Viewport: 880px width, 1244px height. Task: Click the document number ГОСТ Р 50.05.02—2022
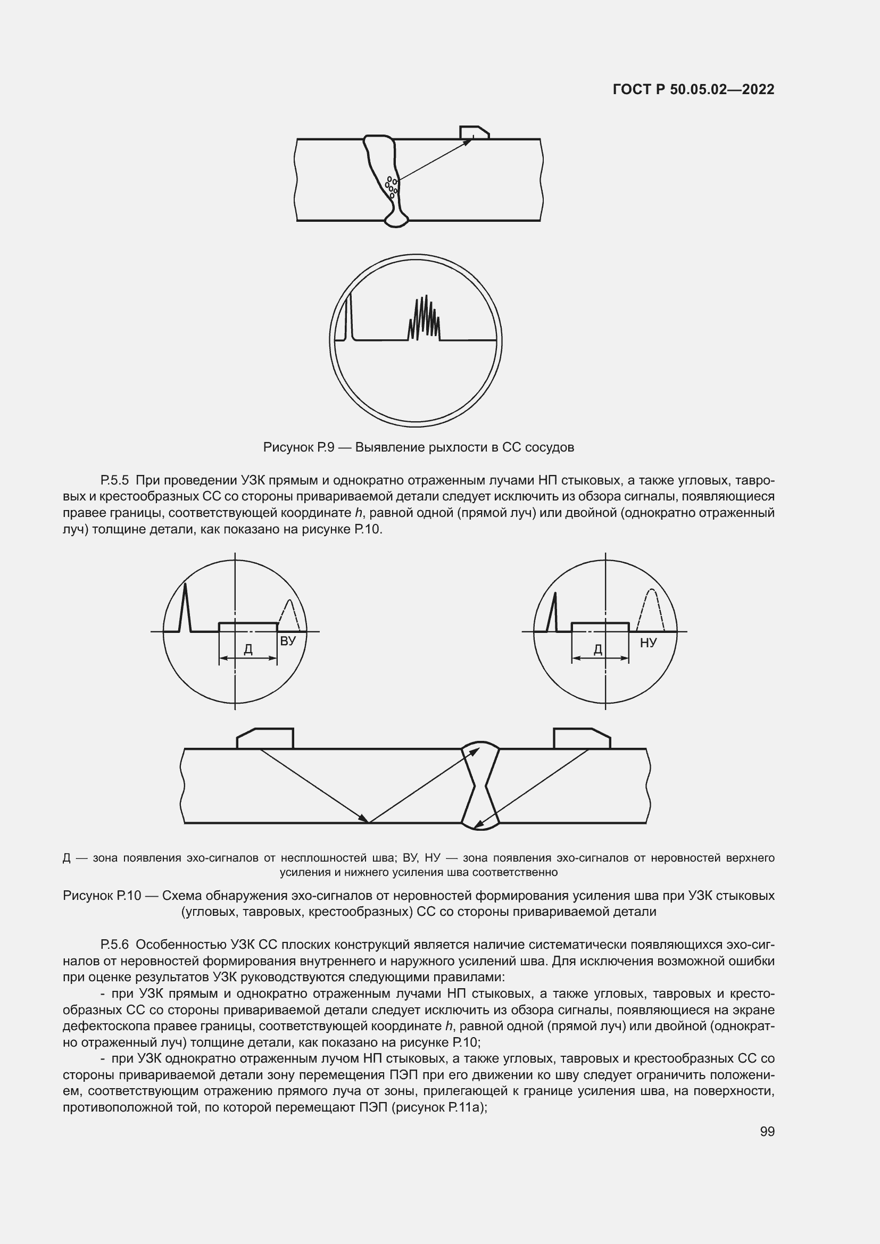tap(693, 89)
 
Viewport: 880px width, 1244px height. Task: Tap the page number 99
tap(767, 1131)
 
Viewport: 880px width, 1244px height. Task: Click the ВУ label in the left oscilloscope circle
tap(288, 641)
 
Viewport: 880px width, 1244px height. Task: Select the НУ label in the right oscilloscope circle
tap(648, 642)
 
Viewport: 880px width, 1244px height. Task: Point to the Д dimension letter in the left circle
tap(248, 648)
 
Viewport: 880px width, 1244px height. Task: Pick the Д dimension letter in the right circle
tap(598, 648)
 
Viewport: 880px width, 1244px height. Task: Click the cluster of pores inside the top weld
tap(391, 185)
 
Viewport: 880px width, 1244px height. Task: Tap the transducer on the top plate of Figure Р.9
tap(474, 133)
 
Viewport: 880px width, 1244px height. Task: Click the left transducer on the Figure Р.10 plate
tap(265, 739)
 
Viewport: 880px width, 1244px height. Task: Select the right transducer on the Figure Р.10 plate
tap(582, 739)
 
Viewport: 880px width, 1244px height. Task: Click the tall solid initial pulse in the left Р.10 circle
tap(185, 607)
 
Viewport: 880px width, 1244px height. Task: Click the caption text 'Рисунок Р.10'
tap(102, 896)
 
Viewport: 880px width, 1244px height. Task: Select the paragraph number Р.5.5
tap(114, 480)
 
